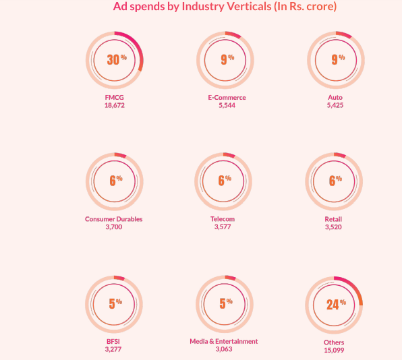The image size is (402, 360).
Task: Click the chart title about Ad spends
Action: [225, 7]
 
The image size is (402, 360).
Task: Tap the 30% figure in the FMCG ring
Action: [115, 59]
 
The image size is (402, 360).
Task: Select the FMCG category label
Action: [114, 98]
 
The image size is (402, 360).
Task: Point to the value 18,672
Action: [114, 106]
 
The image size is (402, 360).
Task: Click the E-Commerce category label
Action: [226, 98]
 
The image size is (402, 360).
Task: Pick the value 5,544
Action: [226, 106]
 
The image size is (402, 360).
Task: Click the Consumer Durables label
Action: [114, 219]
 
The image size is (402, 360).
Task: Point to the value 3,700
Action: [114, 227]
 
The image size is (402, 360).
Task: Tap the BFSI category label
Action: [114, 341]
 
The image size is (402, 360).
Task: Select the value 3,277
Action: [114, 349]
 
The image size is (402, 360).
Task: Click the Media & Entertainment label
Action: [223, 341]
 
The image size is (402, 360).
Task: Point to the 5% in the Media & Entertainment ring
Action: [224, 303]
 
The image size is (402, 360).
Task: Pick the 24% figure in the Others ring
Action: [335, 304]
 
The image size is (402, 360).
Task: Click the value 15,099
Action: [334, 351]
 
